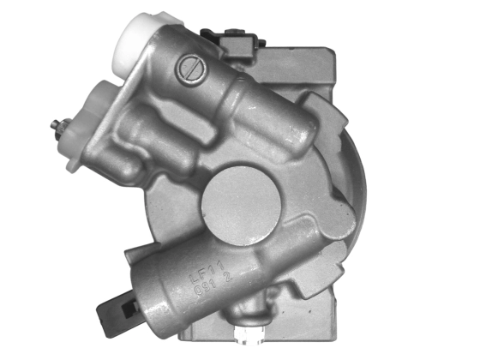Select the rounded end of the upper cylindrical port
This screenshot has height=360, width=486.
pos(297,129)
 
